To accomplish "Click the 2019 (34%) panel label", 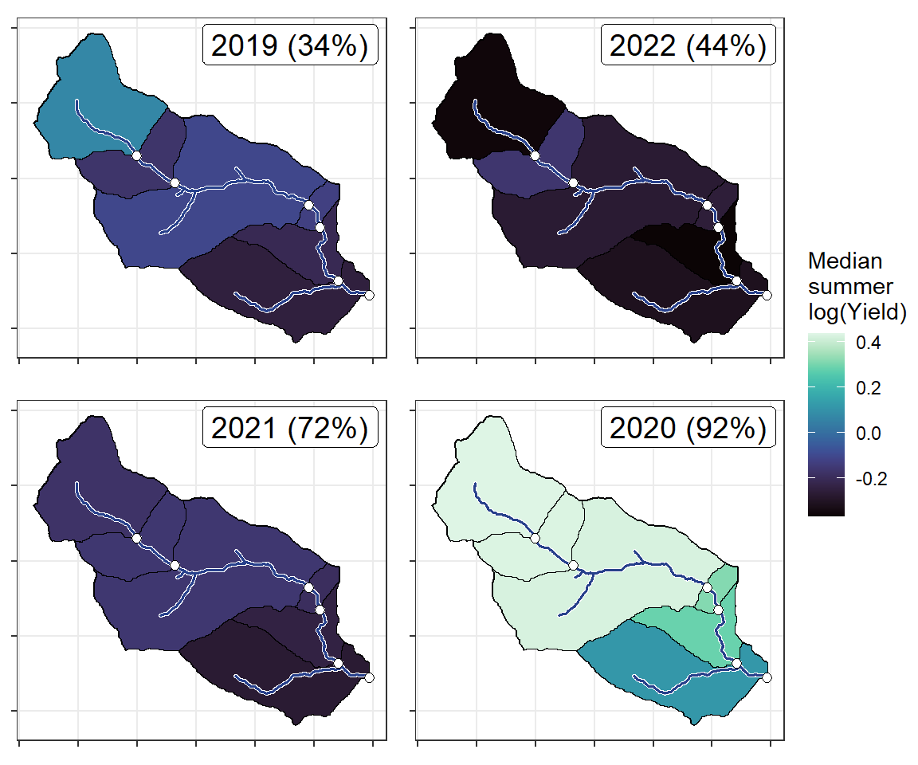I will pyautogui.click(x=289, y=48).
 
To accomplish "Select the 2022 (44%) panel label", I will pyautogui.click(x=688, y=48).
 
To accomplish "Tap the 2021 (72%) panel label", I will pyautogui.click(x=289, y=430).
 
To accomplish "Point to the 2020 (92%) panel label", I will pyautogui.click(x=688, y=430).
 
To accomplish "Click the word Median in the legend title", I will pyautogui.click(x=845, y=261).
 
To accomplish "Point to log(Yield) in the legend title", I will pyautogui.click(x=857, y=313).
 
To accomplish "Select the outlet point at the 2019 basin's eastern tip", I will pyautogui.click(x=369, y=296).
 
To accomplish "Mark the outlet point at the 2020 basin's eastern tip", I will pyautogui.click(x=767, y=678).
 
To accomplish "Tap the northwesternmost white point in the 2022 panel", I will pyautogui.click(x=535, y=156).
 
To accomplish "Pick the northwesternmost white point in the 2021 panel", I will pyautogui.click(x=136, y=539).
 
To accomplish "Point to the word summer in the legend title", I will pyautogui.click(x=849, y=287).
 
